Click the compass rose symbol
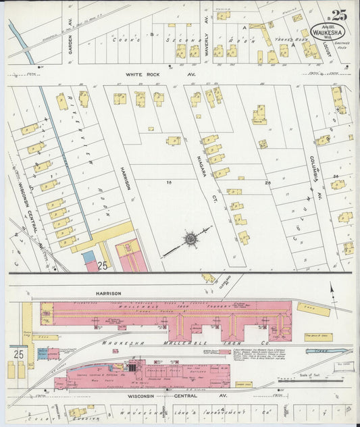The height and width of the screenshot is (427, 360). tap(190, 238)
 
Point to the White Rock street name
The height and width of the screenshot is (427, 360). tap(149, 76)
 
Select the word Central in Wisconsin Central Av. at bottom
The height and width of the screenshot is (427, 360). tap(184, 396)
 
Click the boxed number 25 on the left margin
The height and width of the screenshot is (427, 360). tap(17, 353)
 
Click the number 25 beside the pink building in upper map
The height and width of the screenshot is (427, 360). tap(103, 265)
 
